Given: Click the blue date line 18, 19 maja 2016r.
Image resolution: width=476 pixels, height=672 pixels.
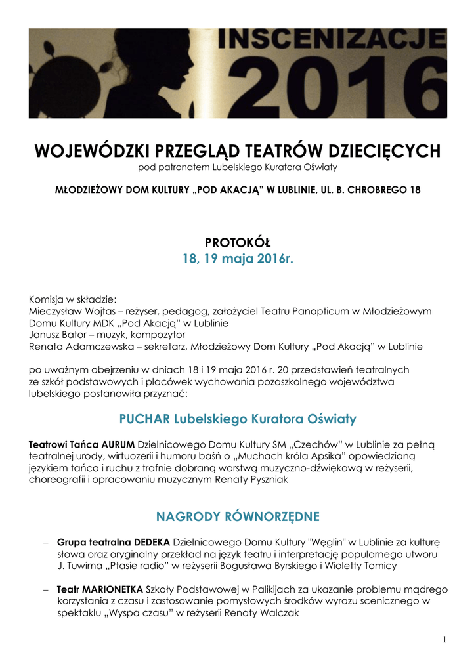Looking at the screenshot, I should pyautogui.click(x=238, y=259).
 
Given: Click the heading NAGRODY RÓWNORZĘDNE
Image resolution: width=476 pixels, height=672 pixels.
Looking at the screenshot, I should pyautogui.click(x=238, y=516).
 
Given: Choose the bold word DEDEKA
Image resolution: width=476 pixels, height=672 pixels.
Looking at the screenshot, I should pyautogui.click(x=152, y=543).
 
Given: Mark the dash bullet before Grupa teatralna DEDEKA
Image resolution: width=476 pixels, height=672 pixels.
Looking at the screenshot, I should pyautogui.click(x=45, y=543).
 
